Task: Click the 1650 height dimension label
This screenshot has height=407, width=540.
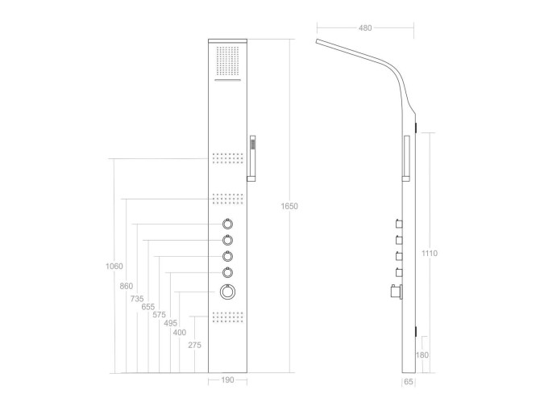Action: (289, 206)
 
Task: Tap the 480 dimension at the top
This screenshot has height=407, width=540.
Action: (365, 28)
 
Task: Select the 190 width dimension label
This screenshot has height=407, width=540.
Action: (227, 380)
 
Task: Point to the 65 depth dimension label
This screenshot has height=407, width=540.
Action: (409, 382)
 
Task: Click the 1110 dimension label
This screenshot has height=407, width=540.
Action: (430, 254)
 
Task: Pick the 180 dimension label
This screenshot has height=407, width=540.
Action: (422, 355)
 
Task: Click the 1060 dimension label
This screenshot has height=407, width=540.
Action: (114, 266)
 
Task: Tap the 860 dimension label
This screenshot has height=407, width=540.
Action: (127, 286)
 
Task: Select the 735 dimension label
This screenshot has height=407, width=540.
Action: (137, 299)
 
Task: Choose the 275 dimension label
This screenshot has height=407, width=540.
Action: (194, 345)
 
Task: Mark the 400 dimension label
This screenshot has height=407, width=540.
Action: (180, 333)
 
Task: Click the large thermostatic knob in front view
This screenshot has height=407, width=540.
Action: (227, 292)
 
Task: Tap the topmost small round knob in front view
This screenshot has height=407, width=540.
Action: (227, 224)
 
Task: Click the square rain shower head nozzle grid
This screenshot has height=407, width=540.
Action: (227, 61)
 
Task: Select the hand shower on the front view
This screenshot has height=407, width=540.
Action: (251, 158)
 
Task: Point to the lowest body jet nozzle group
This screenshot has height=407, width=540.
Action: (227, 317)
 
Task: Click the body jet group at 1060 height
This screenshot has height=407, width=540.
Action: (227, 158)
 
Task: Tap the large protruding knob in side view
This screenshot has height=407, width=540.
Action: (397, 292)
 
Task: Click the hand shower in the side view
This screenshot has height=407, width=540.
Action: (406, 158)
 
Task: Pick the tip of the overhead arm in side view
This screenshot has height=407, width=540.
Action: (317, 41)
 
